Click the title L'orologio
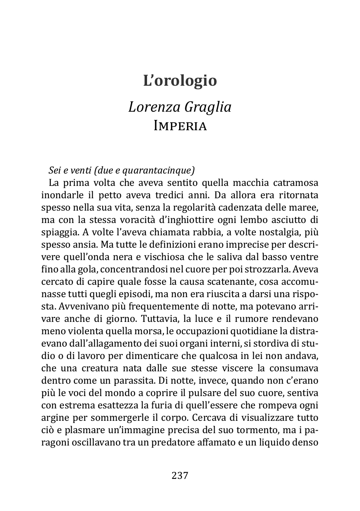(180, 80)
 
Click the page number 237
(180, 476)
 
